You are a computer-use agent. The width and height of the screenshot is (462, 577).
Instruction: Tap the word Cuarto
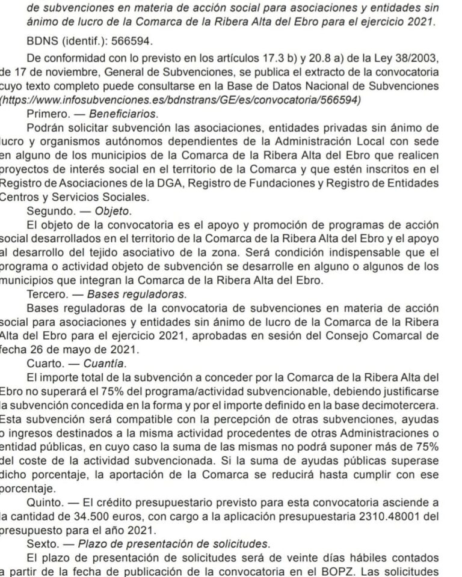coord(44,364)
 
